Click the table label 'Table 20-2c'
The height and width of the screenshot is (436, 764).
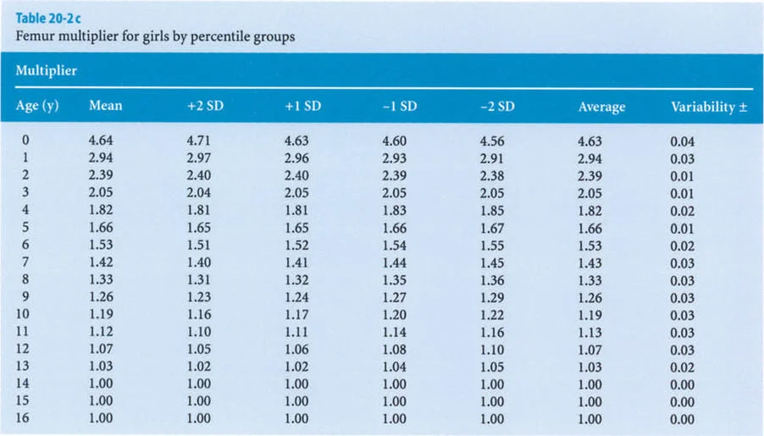click(42, 17)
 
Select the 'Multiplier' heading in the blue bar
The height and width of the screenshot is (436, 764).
click(47, 71)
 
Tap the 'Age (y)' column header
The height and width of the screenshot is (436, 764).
click(37, 107)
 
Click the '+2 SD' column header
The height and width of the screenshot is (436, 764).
click(202, 107)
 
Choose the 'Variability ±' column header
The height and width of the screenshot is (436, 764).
click(701, 107)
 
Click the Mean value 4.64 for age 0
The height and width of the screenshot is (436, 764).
click(100, 141)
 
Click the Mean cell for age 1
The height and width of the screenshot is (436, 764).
click(100, 158)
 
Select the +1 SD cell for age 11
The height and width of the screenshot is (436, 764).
click(296, 332)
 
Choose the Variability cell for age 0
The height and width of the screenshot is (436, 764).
click(682, 141)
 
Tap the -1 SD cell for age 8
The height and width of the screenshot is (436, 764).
click(394, 280)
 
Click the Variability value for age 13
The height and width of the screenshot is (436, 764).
click(682, 367)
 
